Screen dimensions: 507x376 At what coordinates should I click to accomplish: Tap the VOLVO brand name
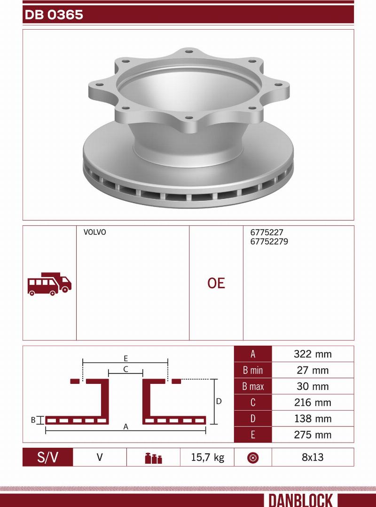[94, 232]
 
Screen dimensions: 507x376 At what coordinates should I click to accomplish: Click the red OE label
[216, 283]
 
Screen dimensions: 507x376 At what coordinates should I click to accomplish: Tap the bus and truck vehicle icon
[49, 284]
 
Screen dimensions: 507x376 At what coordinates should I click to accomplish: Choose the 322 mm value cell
[313, 354]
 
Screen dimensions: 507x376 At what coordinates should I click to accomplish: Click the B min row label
[253, 371]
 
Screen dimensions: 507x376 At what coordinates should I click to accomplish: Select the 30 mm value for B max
[313, 387]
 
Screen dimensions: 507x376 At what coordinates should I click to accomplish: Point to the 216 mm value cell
[313, 403]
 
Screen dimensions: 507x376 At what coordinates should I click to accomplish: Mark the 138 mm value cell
[313, 419]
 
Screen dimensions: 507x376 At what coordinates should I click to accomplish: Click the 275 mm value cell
[313, 435]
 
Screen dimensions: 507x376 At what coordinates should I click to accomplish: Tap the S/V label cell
[48, 457]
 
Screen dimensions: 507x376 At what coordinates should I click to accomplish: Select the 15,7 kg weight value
[207, 457]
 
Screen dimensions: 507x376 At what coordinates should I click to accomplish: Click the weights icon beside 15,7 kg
[153, 458]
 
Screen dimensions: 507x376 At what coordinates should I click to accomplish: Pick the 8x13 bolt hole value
[313, 457]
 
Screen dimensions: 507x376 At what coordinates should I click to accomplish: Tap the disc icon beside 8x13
[253, 458]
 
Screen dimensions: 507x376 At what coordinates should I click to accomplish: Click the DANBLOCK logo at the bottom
[301, 500]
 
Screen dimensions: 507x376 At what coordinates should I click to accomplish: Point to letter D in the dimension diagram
[219, 402]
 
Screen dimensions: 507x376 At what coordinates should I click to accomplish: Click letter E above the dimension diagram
[126, 358]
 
